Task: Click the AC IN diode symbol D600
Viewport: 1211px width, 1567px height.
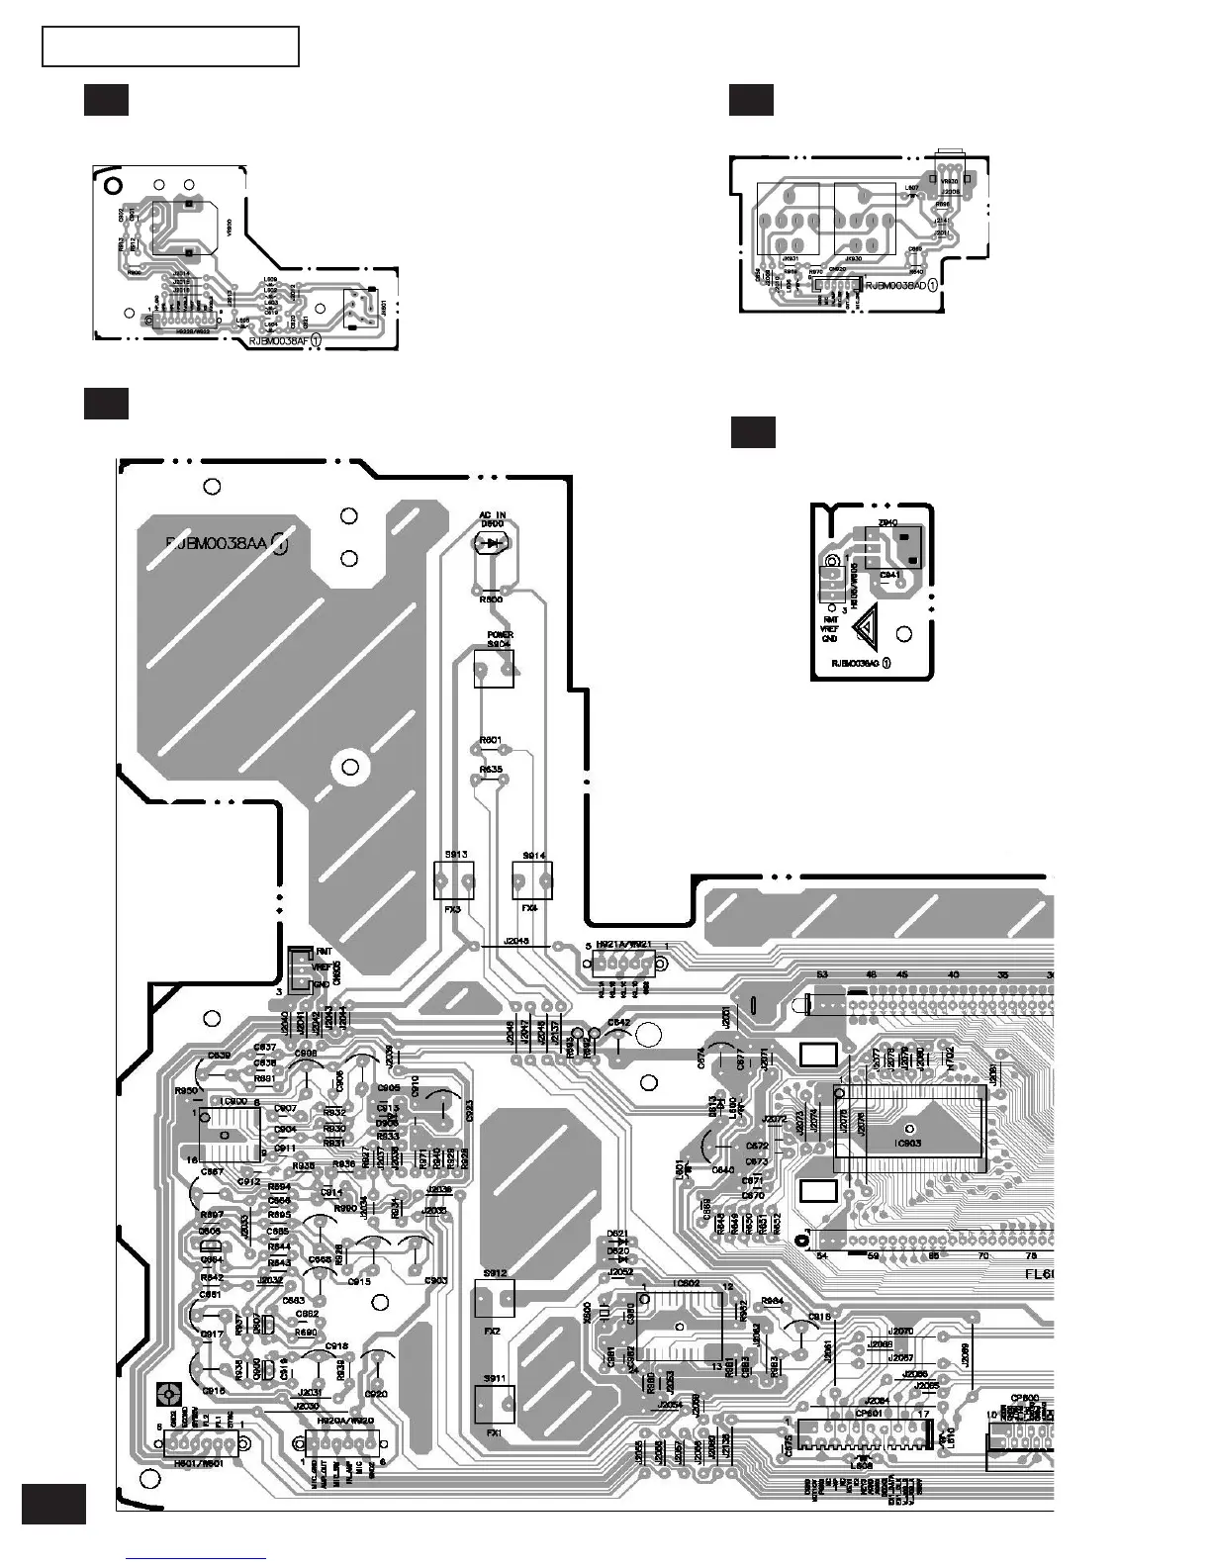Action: [x=492, y=543]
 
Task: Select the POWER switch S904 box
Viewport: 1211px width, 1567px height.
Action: [x=494, y=669]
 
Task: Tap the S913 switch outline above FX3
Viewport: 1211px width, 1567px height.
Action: [x=454, y=879]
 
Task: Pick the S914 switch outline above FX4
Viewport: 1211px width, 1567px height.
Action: [x=532, y=879]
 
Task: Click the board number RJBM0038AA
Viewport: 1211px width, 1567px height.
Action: [x=217, y=543]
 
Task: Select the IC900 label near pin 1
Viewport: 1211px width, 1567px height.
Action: [x=234, y=1101]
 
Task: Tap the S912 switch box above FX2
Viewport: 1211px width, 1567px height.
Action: [x=495, y=1298]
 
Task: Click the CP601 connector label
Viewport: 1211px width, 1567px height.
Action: [x=869, y=1413]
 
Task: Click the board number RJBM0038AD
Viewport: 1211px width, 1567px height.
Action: [x=896, y=285]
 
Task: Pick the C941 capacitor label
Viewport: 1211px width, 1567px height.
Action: [x=889, y=574]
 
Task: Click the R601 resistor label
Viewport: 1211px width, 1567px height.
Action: [x=490, y=740]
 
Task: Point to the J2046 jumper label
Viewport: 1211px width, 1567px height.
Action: [x=516, y=940]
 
